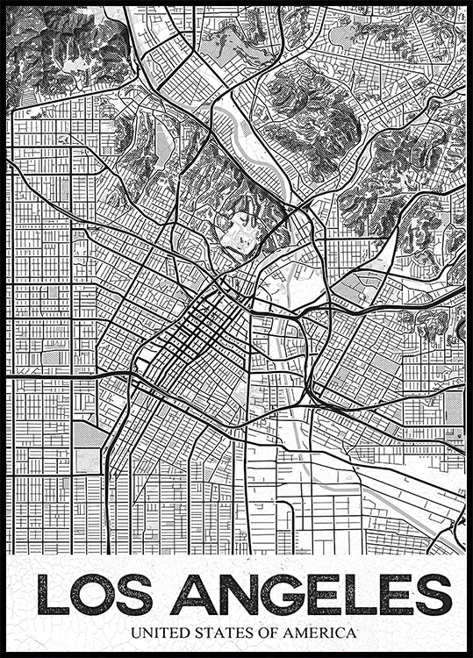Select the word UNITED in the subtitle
point(158,632)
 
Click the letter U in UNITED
point(135,632)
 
